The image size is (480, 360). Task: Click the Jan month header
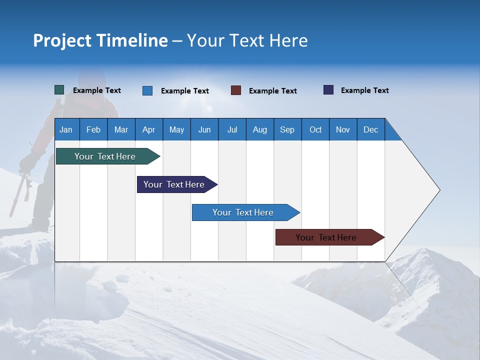point(66,129)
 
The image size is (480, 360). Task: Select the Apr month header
point(148,129)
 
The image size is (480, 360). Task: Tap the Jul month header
point(232,129)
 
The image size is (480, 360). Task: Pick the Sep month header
point(287,129)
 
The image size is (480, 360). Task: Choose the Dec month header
point(370,129)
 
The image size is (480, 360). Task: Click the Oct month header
point(315,129)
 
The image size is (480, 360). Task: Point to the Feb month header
point(93,129)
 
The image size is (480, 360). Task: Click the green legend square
point(59,90)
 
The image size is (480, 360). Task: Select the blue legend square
point(147,90)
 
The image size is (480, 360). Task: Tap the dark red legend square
point(236,90)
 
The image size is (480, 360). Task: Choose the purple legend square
point(328,90)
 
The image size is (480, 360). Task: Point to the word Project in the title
point(62,40)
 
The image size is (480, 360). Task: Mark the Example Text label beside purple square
point(364,90)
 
